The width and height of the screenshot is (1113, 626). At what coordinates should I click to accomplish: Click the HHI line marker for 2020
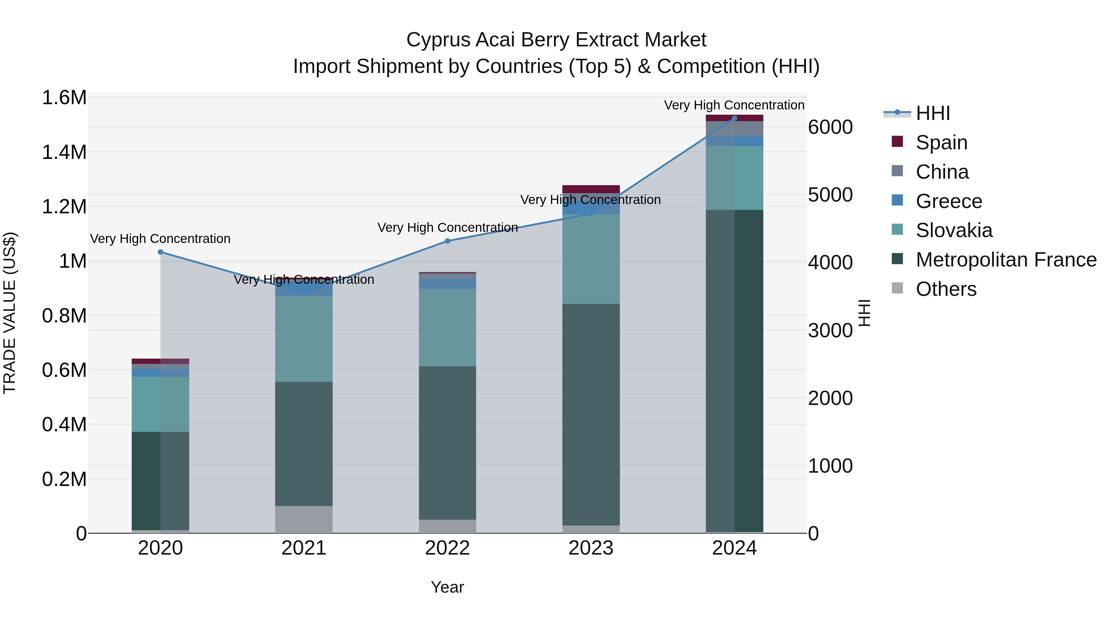160,252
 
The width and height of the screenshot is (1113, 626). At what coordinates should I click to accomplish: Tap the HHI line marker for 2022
447,241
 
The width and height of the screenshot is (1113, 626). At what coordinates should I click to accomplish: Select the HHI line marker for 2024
734,118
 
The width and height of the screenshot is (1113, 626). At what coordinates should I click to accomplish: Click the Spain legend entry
941,143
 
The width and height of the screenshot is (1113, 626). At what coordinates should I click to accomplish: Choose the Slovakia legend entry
953,230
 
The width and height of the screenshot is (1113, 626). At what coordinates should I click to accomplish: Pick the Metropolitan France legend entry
1006,260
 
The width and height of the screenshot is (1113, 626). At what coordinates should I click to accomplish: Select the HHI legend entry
932,113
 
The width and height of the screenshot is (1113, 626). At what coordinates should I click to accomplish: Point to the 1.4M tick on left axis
64,152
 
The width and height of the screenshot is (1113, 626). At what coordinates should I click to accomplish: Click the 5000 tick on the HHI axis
830,195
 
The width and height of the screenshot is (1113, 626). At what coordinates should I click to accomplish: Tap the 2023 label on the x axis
591,548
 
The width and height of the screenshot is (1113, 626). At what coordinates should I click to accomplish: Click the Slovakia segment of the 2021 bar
304,339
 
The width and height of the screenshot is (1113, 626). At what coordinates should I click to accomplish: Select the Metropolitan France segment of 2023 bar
591,415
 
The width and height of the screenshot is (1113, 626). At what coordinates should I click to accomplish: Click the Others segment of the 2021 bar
304,519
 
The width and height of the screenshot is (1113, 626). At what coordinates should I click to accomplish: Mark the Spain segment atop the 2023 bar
591,189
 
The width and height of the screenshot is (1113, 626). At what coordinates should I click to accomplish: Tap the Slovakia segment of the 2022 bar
447,327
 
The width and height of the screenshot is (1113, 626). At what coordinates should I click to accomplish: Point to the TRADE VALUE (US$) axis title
10,313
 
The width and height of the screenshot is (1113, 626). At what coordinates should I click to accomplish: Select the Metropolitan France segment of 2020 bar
160,480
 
